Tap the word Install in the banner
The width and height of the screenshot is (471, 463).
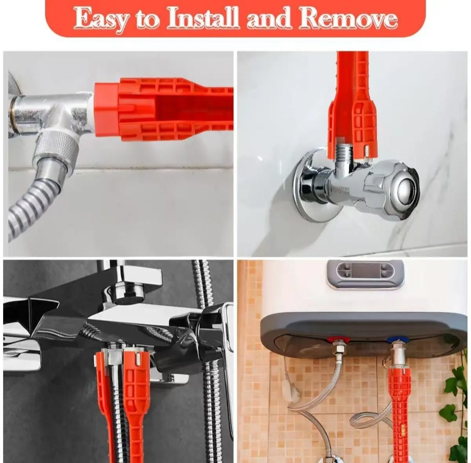pyautogui.click(x=203, y=17)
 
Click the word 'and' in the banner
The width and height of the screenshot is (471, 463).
pyautogui.click(x=269, y=18)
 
